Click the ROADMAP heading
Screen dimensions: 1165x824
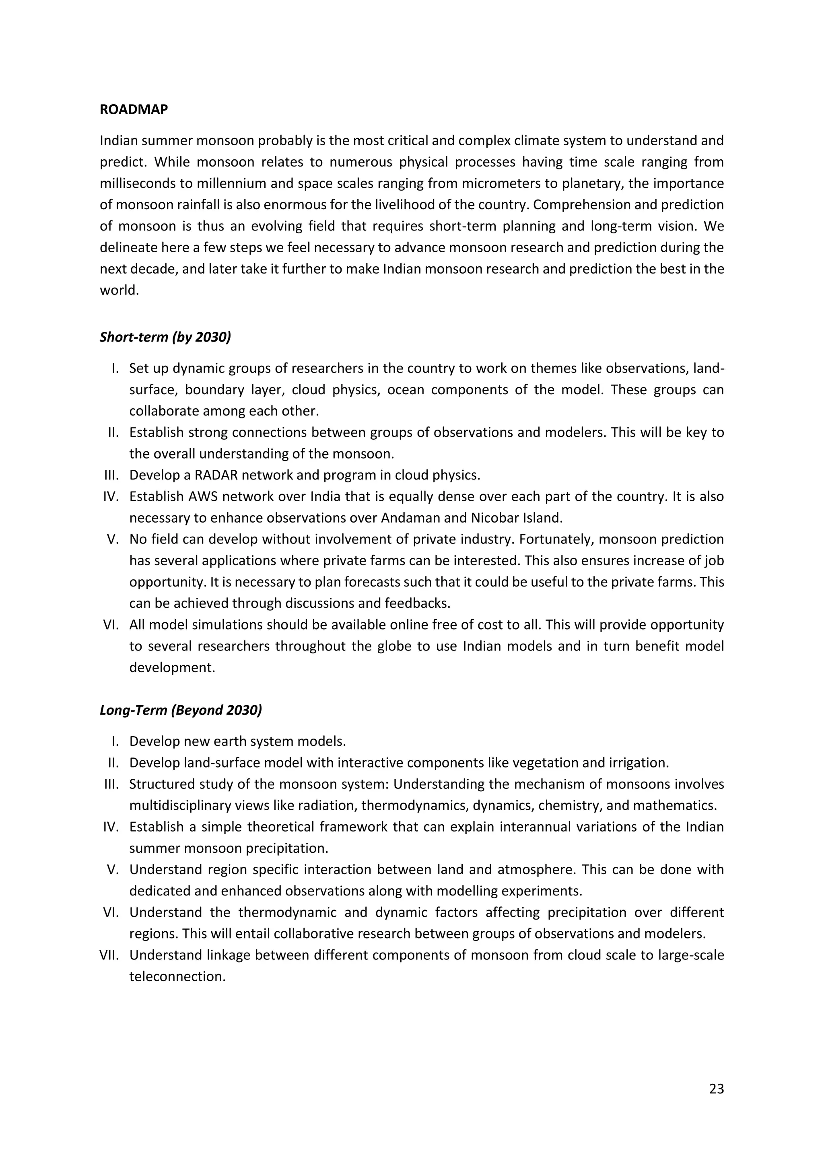(134, 109)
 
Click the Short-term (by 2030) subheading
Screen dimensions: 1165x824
(165, 337)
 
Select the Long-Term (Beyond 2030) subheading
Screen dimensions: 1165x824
(181, 710)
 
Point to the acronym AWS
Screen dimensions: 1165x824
(202, 496)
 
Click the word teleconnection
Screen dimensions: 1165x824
(177, 976)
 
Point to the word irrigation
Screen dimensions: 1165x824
(637, 763)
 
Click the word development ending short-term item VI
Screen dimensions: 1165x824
(172, 667)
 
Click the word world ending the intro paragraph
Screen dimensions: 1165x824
(119, 291)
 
